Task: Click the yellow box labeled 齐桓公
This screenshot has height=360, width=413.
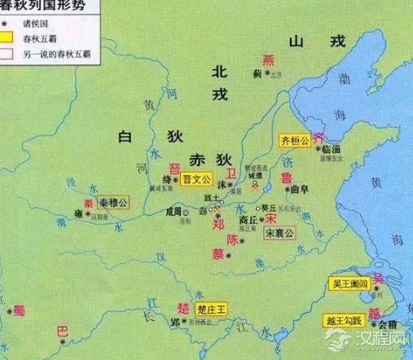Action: tap(295, 140)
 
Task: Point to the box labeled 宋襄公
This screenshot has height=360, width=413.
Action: tap(279, 234)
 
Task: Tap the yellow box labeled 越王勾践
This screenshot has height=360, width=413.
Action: tap(342, 320)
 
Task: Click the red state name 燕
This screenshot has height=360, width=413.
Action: tap(268, 59)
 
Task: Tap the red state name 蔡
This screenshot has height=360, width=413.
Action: tap(217, 254)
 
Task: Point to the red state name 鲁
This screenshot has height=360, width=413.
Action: tap(286, 178)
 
